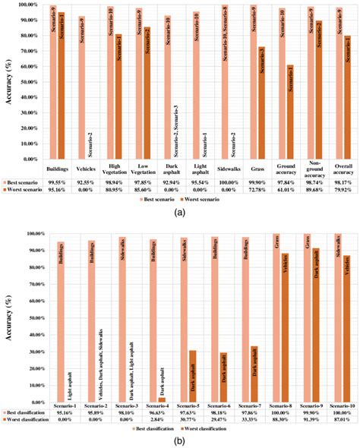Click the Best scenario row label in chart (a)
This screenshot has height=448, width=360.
click(26, 183)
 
